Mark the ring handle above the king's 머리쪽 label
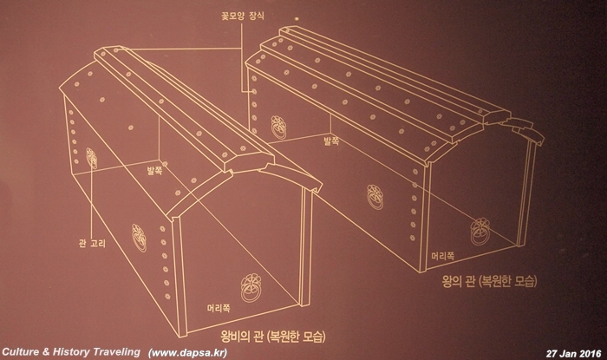click(x=475, y=234)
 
